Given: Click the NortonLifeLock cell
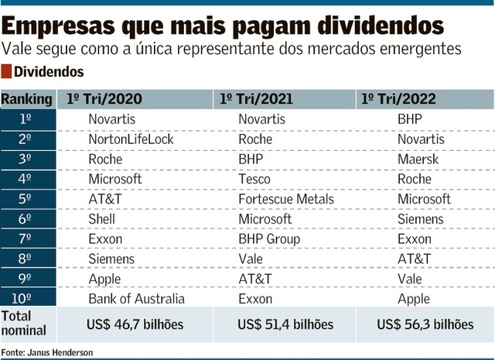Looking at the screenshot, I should tap(131, 139).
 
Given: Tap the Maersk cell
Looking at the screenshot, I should tap(418, 159).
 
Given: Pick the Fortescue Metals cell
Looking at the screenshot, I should tap(286, 199).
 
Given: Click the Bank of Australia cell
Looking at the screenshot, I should tap(137, 298).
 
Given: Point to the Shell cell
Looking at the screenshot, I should tap(103, 219).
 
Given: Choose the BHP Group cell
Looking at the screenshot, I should tap(268, 238).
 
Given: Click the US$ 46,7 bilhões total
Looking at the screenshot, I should tap(137, 324).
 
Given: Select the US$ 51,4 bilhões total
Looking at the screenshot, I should tap(285, 324).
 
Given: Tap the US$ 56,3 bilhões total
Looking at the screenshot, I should tap(425, 324).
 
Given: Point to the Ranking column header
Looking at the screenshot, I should tap(27, 99).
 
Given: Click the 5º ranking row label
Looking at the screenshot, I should tap(26, 199).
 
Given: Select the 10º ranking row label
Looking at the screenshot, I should tap(26, 298).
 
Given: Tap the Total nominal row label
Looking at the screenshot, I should tap(25, 324).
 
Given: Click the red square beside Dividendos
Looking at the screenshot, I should tap(6, 73).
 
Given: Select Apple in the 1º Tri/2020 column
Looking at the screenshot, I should tap(104, 279).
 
